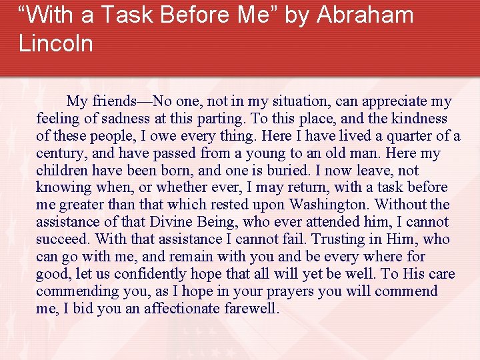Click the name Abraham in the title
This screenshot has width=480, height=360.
pyautogui.click(x=365, y=15)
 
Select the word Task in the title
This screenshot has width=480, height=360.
pyautogui.click(x=117, y=15)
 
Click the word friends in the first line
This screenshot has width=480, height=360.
pyautogui.click(x=112, y=101)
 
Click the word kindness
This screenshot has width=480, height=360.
pyautogui.click(x=419, y=119)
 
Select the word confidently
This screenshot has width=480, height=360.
pyautogui.click(x=151, y=274)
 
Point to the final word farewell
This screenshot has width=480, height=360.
pyautogui.click(x=253, y=309)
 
